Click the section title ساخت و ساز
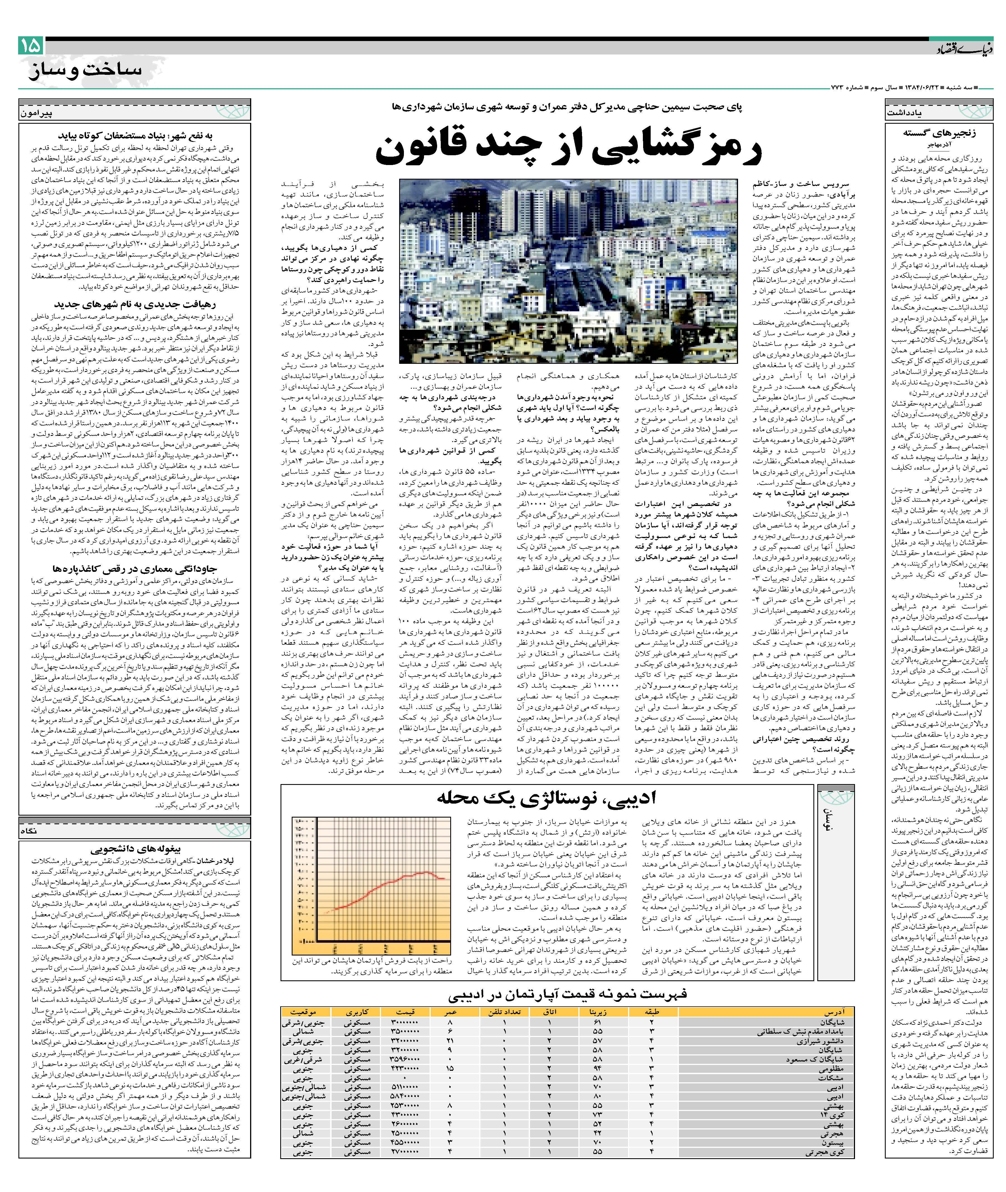click(84, 70)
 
